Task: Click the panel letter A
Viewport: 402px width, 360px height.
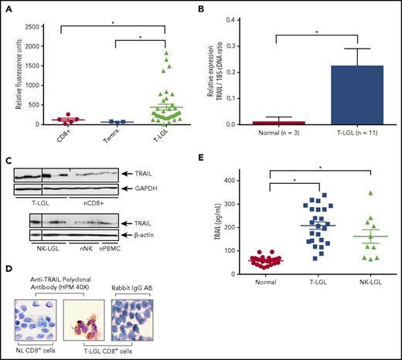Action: (9, 7)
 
